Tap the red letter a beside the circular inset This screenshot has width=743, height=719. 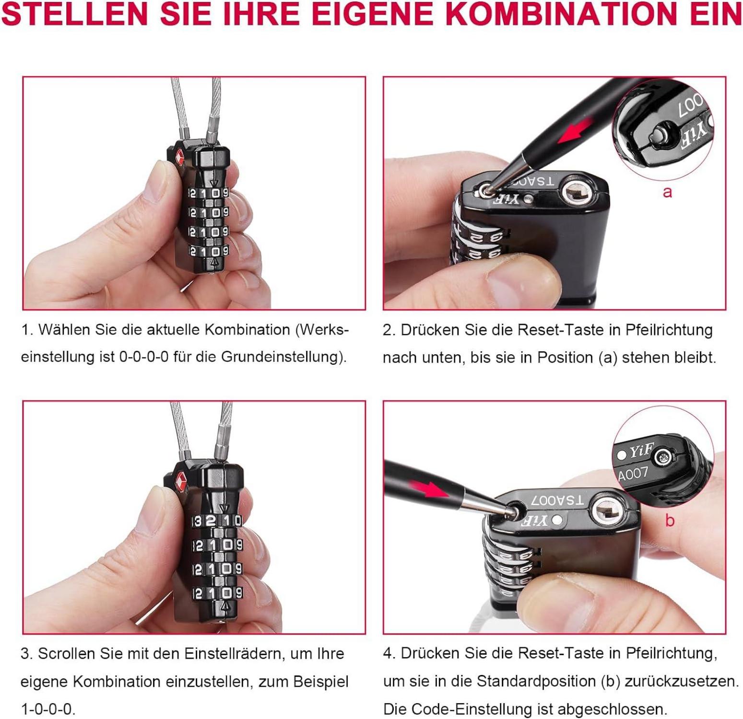click(667, 192)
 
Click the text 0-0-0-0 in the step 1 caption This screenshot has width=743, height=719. click(144, 357)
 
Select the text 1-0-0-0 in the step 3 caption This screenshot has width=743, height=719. click(48, 708)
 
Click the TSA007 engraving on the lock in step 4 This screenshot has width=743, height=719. click(557, 500)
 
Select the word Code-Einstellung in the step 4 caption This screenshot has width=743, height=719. click(479, 708)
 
